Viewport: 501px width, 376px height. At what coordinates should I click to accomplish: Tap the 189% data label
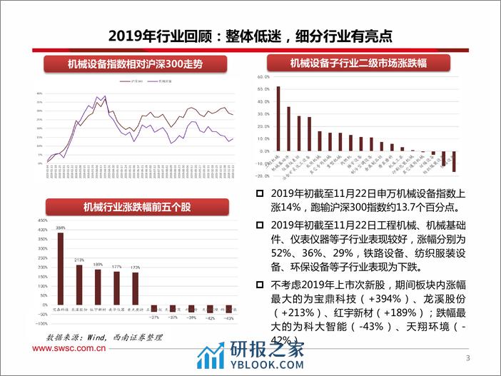98,264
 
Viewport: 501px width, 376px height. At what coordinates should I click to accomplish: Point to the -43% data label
228,318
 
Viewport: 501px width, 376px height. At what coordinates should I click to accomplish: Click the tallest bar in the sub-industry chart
278,118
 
